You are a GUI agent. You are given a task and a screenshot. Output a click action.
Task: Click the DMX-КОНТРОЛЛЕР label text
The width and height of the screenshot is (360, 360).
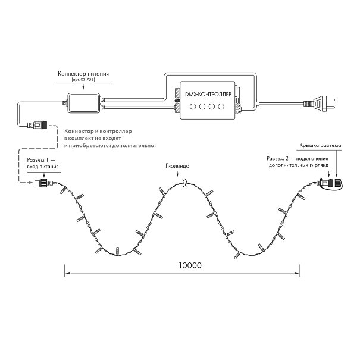tap(208, 95)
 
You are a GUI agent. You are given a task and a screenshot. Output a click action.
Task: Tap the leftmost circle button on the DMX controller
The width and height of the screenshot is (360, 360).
tap(193, 107)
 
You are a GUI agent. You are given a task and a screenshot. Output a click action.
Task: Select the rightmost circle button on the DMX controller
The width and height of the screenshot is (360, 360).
tap(221, 107)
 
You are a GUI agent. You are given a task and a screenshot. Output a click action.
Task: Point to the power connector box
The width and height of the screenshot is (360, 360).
tap(83, 102)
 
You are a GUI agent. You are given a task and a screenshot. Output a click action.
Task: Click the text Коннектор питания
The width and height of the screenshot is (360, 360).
tap(83, 74)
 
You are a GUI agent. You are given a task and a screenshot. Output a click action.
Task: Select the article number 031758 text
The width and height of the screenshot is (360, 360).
tap(83, 80)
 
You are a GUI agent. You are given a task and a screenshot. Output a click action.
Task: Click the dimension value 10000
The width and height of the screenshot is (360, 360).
tap(190, 265)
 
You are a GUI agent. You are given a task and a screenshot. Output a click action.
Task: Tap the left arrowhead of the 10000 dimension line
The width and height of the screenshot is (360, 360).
tap(67, 273)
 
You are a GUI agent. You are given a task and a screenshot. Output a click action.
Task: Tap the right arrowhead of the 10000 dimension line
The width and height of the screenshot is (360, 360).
tap(297, 273)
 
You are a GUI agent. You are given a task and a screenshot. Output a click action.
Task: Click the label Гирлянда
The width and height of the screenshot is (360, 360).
tap(177, 166)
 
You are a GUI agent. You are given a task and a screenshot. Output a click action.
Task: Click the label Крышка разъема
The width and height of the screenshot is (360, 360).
tap(320, 145)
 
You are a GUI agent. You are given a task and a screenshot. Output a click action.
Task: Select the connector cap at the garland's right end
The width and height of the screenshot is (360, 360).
tap(338, 183)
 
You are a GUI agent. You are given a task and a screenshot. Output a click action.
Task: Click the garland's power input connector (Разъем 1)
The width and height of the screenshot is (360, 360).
tap(43, 183)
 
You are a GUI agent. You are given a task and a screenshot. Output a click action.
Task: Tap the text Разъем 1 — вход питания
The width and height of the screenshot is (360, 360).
tap(43, 163)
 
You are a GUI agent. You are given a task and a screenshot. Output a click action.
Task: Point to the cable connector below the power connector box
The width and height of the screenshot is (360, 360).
tap(37, 126)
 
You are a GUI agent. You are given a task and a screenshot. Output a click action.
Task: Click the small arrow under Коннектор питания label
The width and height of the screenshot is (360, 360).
tap(83, 87)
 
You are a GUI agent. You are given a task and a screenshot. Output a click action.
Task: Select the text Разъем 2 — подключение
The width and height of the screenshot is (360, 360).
tap(298, 159)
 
